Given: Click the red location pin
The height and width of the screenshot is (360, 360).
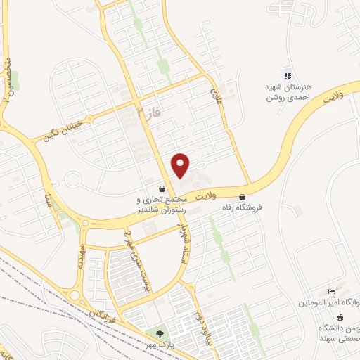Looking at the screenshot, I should pos(181,165).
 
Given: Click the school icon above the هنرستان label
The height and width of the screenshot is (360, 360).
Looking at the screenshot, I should pos(287,75).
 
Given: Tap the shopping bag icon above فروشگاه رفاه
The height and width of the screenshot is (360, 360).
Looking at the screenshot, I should pos(243,196).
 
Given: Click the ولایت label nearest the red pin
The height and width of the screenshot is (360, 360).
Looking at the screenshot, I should pos(207,191).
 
